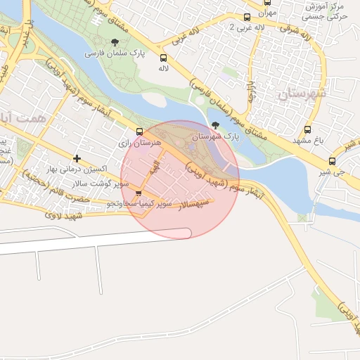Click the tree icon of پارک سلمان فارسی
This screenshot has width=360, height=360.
pyautogui.click(x=115, y=43)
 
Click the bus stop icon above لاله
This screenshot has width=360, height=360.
pyautogui.click(x=163, y=58)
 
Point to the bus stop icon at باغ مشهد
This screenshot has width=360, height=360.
pyautogui.click(x=307, y=129)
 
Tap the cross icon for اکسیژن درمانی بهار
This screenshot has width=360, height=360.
pyautogui.click(x=77, y=158)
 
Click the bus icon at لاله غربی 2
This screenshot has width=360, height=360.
pyautogui.click(x=246, y=17)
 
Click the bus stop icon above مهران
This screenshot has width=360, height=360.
pyautogui.click(x=267, y=2)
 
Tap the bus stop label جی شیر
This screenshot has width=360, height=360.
pyautogui.click(x=339, y=171)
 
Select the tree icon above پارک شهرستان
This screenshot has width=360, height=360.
pyautogui.click(x=215, y=125)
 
